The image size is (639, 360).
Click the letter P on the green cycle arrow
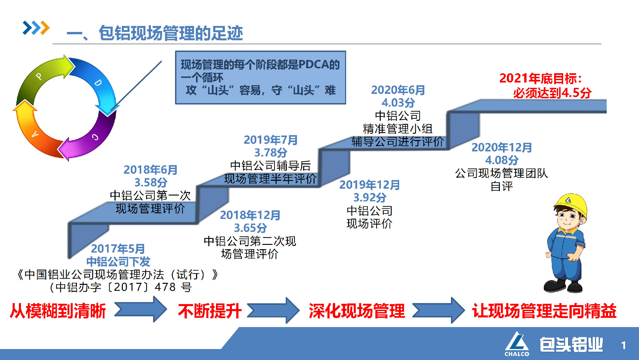point(39,76)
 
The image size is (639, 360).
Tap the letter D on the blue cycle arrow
point(98,83)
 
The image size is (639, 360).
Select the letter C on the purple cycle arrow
point(95,137)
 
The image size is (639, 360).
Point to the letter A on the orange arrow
point(35,134)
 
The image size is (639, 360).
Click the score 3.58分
point(150,182)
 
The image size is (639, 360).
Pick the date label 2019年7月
point(270,140)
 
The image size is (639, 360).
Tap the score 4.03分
point(398,102)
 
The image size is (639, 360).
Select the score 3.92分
point(369,197)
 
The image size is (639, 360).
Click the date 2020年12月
point(502,147)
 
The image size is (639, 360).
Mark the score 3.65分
point(250,228)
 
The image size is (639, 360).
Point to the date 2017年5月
point(118,249)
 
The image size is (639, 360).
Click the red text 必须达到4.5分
point(552,93)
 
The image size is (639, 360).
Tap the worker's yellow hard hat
point(571,204)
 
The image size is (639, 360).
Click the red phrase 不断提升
point(210,311)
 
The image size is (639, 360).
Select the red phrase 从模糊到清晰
point(58,311)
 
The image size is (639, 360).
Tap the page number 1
point(623,345)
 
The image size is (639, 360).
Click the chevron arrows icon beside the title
point(36,28)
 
